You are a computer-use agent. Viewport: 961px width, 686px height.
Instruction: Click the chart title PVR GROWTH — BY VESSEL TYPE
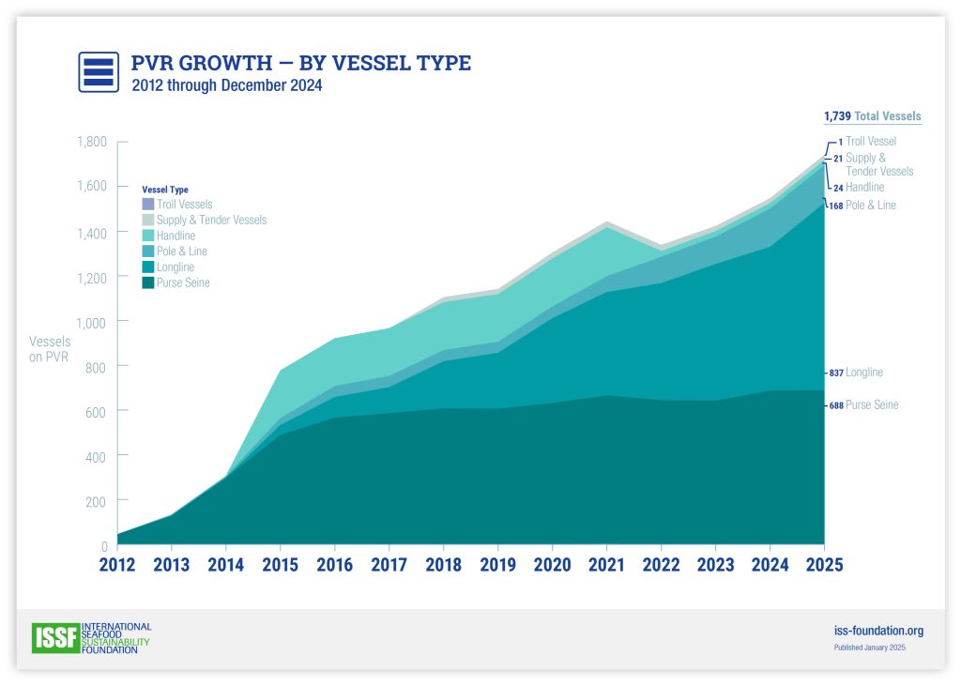300,64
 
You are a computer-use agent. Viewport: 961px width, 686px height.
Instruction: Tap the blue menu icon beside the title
98,71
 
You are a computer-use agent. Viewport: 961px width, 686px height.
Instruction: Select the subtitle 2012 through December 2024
226,86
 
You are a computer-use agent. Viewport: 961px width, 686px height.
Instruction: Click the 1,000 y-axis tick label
91,322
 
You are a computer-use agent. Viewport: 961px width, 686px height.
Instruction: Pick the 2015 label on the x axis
280,565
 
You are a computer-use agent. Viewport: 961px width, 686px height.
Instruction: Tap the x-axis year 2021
606,565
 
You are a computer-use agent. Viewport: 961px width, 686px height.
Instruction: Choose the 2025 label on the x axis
823,565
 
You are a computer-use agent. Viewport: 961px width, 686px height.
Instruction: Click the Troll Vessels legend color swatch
147,204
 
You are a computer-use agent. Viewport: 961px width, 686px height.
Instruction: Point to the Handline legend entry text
175,236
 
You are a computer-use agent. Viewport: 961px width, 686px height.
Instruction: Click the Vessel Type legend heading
165,190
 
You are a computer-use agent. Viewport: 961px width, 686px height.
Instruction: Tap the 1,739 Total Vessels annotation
872,116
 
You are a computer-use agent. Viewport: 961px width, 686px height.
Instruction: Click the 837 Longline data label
856,373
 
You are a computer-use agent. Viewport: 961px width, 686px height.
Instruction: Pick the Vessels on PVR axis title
49,348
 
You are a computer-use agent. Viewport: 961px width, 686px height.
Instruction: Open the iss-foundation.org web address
878,631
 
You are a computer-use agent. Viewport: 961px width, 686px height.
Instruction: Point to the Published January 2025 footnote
870,648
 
